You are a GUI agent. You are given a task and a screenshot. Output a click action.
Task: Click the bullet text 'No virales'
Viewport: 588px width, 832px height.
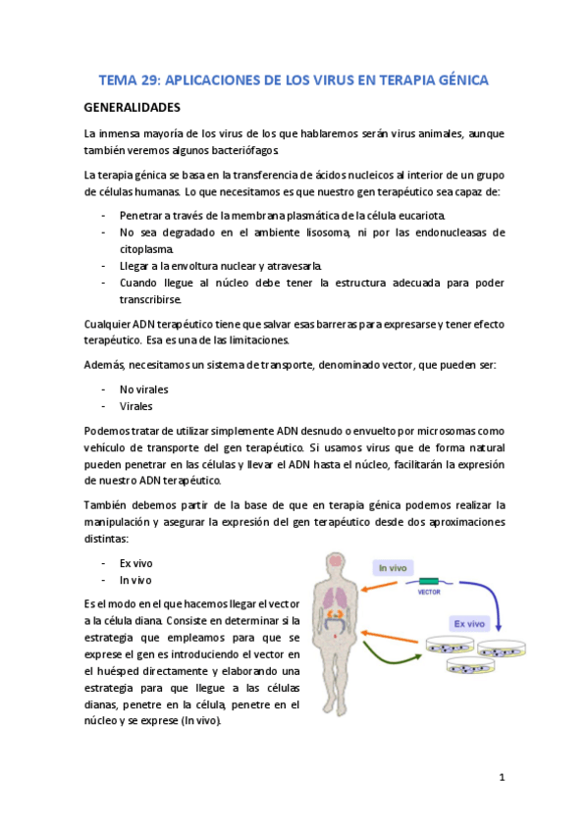145,389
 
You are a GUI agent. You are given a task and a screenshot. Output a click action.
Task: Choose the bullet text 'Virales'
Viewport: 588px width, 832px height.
137,405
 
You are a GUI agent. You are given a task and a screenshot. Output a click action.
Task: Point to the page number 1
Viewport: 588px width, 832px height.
501,777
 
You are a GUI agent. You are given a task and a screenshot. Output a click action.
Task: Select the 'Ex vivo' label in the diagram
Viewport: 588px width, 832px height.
467,622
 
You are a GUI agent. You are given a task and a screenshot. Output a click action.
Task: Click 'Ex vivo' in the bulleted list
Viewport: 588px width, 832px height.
136,563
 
